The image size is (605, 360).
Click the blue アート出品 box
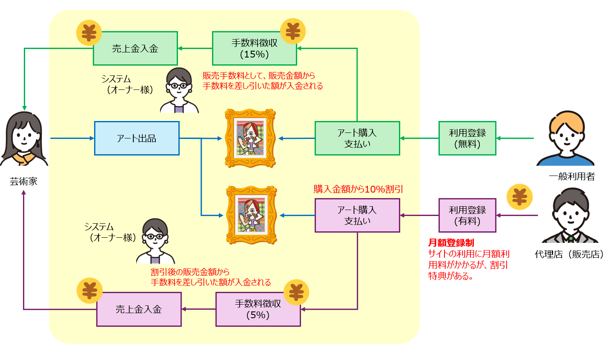(x=137, y=138)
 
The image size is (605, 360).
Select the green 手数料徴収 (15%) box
(x=255, y=48)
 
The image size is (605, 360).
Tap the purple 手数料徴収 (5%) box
(x=258, y=309)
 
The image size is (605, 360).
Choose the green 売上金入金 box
(x=135, y=48)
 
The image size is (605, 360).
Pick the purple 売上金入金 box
(x=139, y=309)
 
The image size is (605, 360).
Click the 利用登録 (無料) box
(x=467, y=138)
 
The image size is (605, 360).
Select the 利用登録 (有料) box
(x=467, y=215)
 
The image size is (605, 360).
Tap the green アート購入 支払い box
(x=357, y=138)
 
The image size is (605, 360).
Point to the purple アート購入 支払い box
(x=357, y=215)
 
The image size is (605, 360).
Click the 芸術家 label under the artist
(x=24, y=181)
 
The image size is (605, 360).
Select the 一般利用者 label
(x=572, y=176)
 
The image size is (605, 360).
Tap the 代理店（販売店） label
(x=570, y=254)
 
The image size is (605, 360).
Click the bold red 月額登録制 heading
(x=451, y=243)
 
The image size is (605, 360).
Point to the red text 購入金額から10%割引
(x=358, y=189)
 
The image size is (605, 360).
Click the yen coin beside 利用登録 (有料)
(x=519, y=197)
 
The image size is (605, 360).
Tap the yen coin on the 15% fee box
(x=293, y=31)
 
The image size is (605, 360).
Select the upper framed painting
(x=250, y=138)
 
